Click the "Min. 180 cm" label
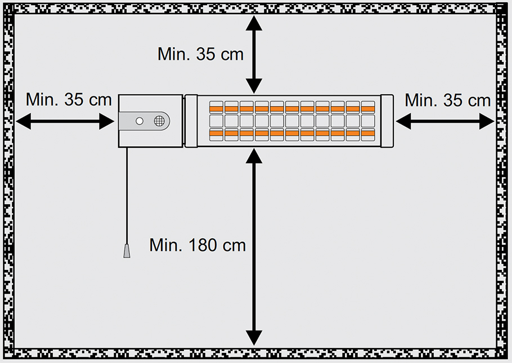(x=197, y=246)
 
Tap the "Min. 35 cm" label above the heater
(x=200, y=54)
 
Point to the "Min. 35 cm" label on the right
(x=447, y=100)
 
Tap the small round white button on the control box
(x=140, y=121)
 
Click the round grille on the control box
(x=159, y=121)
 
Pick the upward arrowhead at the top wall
(x=254, y=23)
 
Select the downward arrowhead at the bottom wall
(x=254, y=337)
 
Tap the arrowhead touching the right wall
(x=487, y=121)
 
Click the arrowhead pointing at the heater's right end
(x=403, y=121)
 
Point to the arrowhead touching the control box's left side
(x=107, y=121)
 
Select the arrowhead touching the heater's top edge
(x=254, y=86)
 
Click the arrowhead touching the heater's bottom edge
(x=254, y=156)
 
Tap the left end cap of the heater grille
(x=191, y=121)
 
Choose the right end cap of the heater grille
(x=387, y=121)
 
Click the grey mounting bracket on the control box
(x=143, y=121)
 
